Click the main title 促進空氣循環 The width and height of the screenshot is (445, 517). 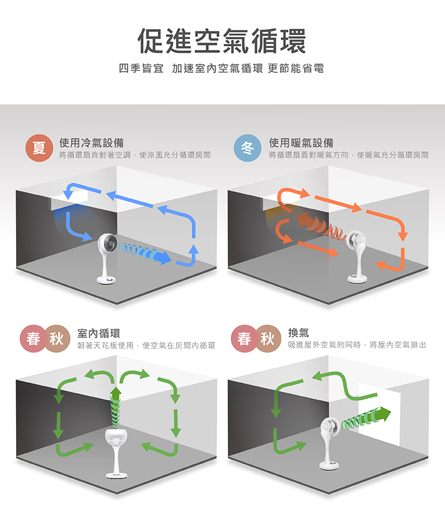[x=222, y=41]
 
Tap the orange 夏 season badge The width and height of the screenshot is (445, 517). [x=39, y=148]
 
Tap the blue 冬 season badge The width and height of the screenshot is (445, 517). [x=247, y=148]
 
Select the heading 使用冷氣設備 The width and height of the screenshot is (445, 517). [x=91, y=143]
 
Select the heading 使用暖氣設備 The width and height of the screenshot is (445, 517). [x=301, y=143]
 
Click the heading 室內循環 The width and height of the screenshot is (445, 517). [x=98, y=334]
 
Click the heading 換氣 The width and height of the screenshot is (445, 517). [x=298, y=332]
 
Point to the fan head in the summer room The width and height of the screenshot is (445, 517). [x=107, y=244]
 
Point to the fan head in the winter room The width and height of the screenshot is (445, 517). [x=355, y=240]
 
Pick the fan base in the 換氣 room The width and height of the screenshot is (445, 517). [x=329, y=465]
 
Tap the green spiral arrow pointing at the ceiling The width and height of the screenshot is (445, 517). [x=116, y=407]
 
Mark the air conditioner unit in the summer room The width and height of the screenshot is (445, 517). [x=69, y=201]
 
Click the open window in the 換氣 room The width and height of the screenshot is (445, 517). [x=379, y=414]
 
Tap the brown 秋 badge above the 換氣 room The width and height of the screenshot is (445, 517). [x=268, y=338]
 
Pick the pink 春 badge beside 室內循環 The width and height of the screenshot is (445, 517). [x=33, y=339]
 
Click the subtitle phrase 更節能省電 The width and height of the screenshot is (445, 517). [x=296, y=68]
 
